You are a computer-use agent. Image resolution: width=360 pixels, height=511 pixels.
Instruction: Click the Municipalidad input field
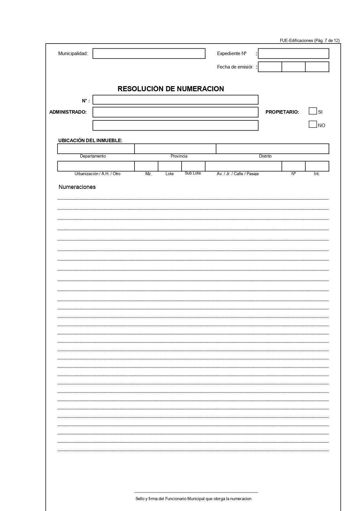click(x=149, y=53)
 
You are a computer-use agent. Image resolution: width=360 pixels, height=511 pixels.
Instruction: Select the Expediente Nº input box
click(x=293, y=53)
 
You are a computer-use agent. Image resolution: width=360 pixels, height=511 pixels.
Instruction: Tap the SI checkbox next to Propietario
click(x=313, y=111)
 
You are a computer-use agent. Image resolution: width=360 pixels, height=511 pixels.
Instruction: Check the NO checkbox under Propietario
click(x=313, y=124)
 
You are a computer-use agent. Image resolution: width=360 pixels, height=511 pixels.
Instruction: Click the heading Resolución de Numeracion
click(x=171, y=89)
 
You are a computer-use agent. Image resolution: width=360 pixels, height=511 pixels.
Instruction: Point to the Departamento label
click(x=93, y=156)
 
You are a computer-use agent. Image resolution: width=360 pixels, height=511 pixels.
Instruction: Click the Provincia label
click(x=179, y=156)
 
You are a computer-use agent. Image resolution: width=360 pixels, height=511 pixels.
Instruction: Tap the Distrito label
click(x=265, y=156)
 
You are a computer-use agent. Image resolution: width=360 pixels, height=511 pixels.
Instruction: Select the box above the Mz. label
click(x=146, y=166)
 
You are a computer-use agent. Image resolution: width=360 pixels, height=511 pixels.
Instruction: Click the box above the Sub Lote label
click(x=193, y=166)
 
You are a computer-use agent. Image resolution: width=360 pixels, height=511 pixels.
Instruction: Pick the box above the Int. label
click(x=317, y=166)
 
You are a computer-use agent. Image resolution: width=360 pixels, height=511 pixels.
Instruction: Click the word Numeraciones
click(x=77, y=187)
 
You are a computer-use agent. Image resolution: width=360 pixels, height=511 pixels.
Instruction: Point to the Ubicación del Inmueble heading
click(x=90, y=141)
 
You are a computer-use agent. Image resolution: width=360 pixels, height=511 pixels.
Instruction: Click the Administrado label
click(x=68, y=112)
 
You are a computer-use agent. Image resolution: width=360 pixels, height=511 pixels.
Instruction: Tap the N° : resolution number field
click(x=175, y=100)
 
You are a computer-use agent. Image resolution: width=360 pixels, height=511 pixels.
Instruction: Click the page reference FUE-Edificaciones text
click(x=309, y=40)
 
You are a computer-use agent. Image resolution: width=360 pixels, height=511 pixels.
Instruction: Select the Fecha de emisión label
click(x=234, y=67)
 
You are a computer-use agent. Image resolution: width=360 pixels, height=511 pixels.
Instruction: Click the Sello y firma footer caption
click(x=193, y=499)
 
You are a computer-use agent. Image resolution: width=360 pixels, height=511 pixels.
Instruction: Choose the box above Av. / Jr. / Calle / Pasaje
click(x=243, y=166)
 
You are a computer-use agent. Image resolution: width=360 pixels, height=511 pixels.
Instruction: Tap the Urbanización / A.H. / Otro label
click(x=97, y=174)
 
